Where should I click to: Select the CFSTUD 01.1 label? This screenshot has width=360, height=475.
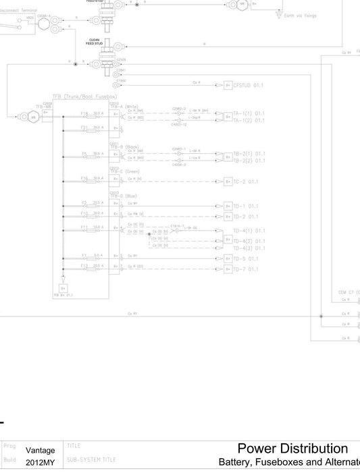(249, 86)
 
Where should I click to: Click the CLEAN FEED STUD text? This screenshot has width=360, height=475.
(95, 42)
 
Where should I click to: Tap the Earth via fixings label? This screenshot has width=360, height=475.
(301, 14)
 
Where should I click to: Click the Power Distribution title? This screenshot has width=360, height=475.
(292, 449)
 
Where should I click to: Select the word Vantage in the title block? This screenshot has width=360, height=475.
(41, 450)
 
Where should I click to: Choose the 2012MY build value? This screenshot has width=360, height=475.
(41, 464)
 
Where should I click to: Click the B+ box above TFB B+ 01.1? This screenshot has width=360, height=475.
(63, 287)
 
